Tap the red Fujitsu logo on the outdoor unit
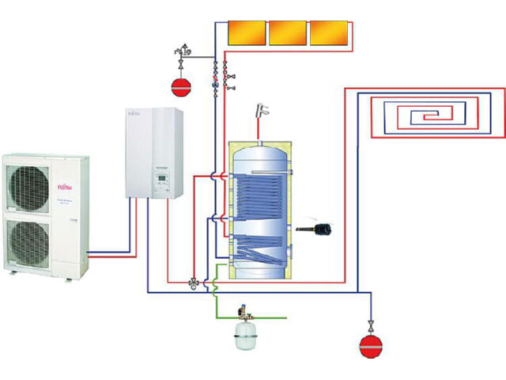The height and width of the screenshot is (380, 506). click(66, 188)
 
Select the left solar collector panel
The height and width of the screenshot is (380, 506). click(247, 32)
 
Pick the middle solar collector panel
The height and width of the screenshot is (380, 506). click(287, 32)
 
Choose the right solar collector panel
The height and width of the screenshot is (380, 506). click(327, 32)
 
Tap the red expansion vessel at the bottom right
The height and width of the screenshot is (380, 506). click(370, 344)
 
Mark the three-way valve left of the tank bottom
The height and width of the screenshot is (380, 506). click(194, 283)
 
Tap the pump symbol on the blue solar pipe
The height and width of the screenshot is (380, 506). click(215, 78)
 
